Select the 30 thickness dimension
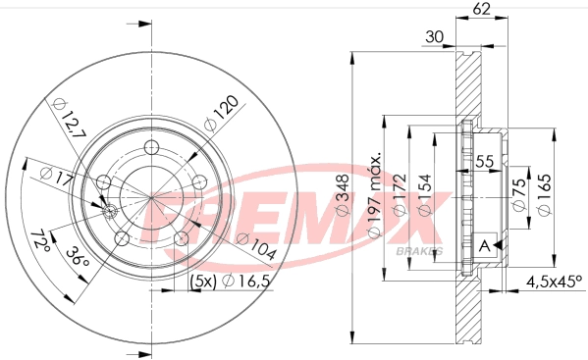point(436,39)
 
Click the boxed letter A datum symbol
point(485,246)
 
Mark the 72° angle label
point(40,237)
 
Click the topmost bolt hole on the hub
point(151,147)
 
